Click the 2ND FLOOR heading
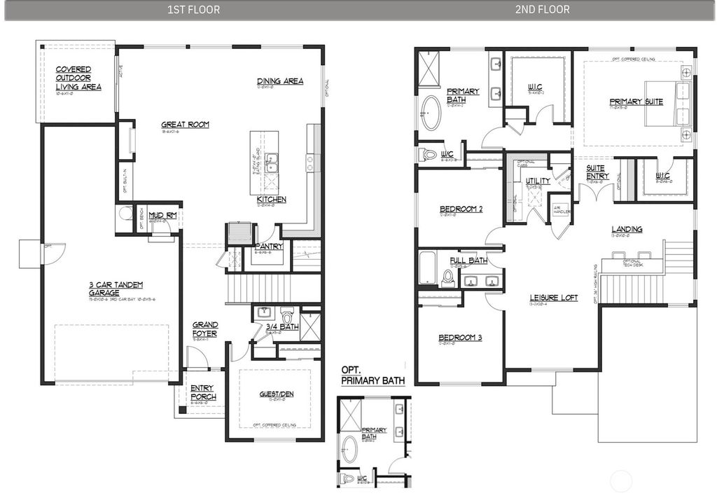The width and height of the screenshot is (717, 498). tap(543, 10)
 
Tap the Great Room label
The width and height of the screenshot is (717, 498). tap(185, 125)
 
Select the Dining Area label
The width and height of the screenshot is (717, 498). tap(280, 81)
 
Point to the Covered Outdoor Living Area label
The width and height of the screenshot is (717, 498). tap(78, 78)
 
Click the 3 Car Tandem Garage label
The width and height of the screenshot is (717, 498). tap(116, 288)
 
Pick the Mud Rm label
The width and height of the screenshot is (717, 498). tap(162, 216)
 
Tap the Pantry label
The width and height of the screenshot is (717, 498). tap(269, 247)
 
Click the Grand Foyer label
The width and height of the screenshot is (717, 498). tap(205, 329)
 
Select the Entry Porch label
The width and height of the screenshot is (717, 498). tap(203, 393)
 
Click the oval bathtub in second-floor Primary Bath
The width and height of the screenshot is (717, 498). tap(431, 113)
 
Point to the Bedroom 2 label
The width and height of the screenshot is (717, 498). tap(461, 209)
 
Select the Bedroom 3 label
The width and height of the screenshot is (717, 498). tap(461, 338)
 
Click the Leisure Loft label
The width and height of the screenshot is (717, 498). tap(553, 298)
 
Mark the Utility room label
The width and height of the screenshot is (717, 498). tap(538, 181)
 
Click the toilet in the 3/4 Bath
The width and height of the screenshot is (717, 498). tap(286, 313)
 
